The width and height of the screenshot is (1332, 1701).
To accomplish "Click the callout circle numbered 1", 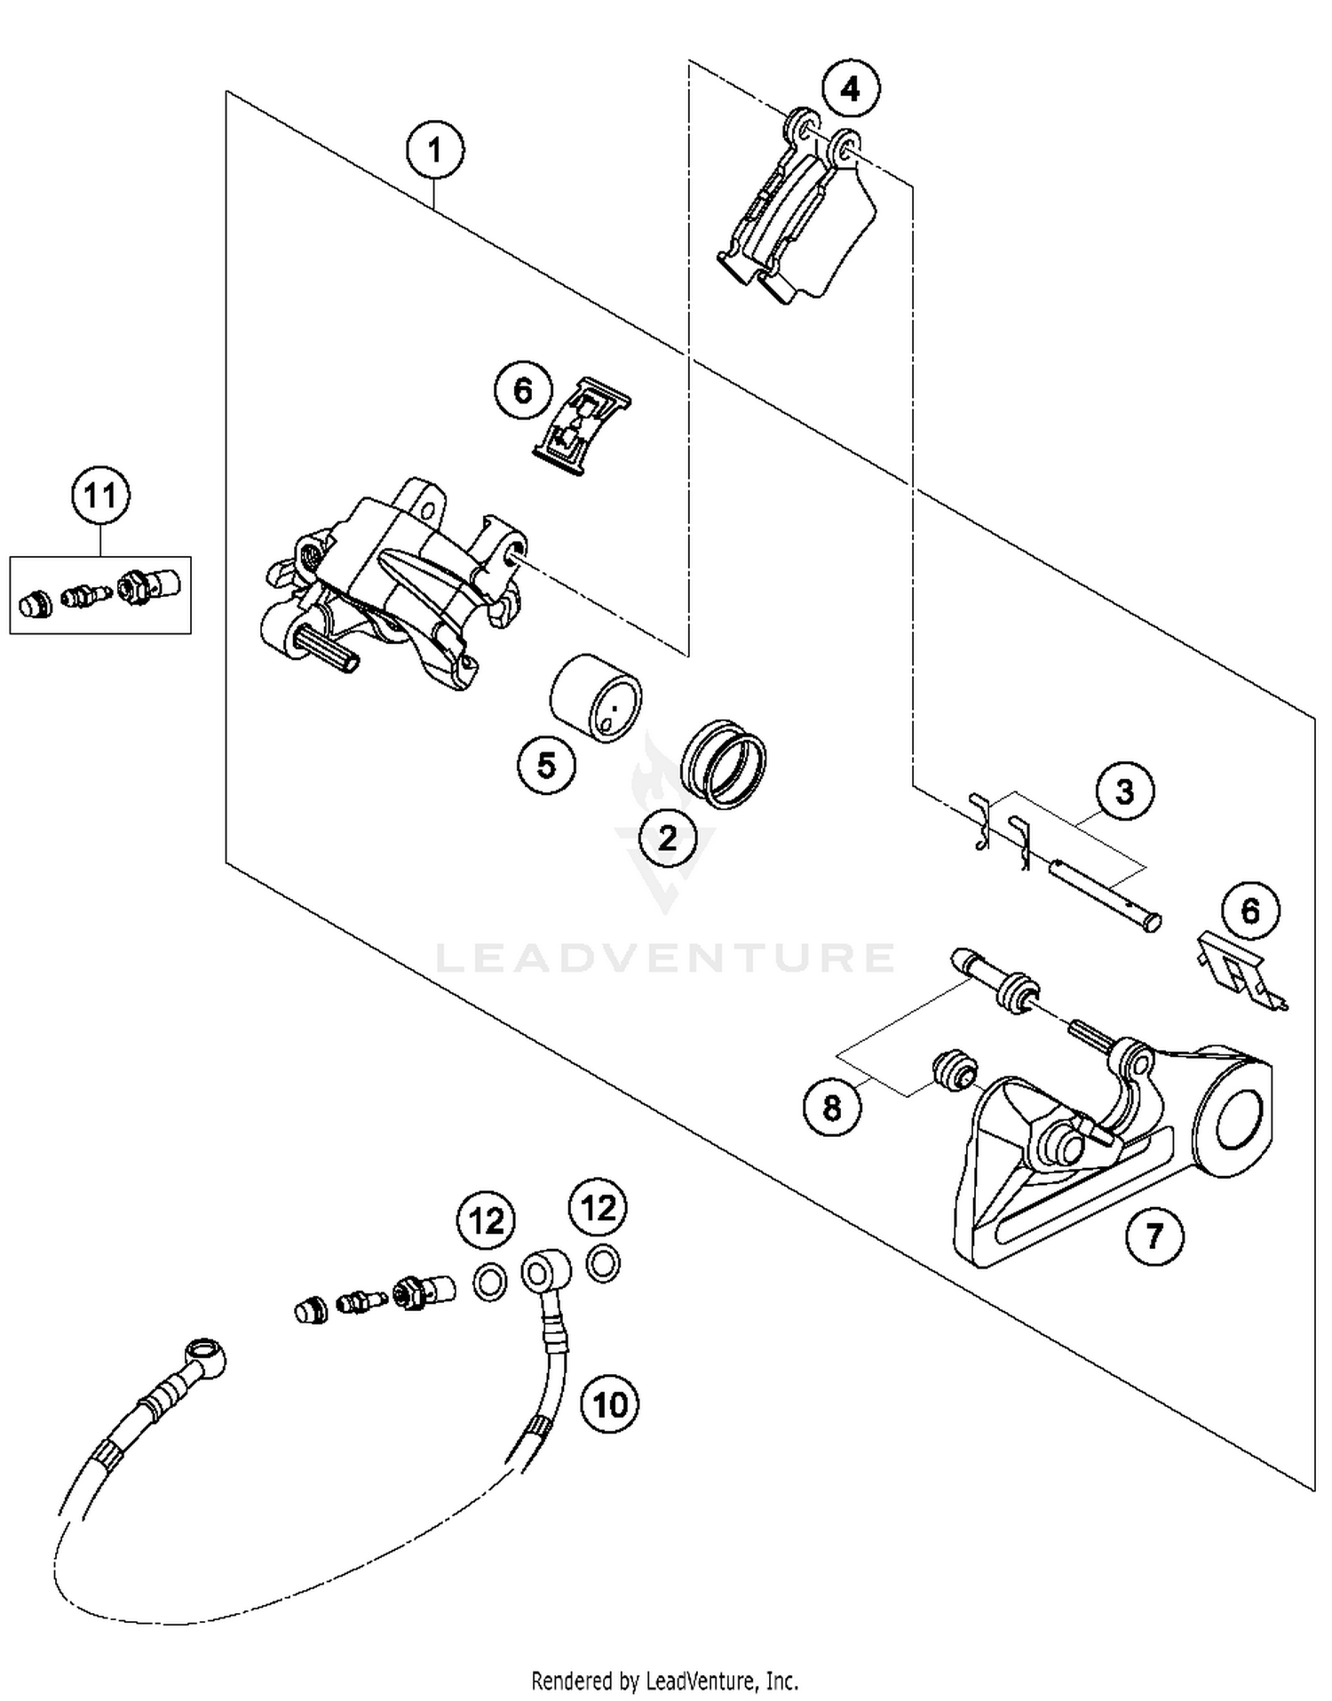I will (x=434, y=151).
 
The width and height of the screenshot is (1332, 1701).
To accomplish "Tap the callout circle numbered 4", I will (x=850, y=89).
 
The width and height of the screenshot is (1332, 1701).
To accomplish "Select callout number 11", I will (x=100, y=495).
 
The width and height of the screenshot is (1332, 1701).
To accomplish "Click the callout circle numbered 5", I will (x=546, y=764).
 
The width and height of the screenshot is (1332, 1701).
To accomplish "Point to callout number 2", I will (x=667, y=837).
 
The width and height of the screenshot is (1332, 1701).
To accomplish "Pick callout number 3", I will (x=1124, y=791).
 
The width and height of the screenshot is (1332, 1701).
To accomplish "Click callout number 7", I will (x=1154, y=1236).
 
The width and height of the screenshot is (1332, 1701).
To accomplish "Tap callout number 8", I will (x=832, y=1108).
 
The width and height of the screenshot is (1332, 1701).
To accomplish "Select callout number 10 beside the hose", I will (x=609, y=1404).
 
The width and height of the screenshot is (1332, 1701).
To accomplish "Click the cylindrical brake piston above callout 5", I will (x=595, y=698).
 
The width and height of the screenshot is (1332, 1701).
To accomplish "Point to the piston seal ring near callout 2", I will (x=724, y=763).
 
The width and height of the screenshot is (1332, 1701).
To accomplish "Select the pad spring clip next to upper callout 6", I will (x=583, y=426).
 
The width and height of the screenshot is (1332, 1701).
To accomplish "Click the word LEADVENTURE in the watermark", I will (x=666, y=957).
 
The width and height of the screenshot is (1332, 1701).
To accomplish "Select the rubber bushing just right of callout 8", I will (x=954, y=1069).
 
